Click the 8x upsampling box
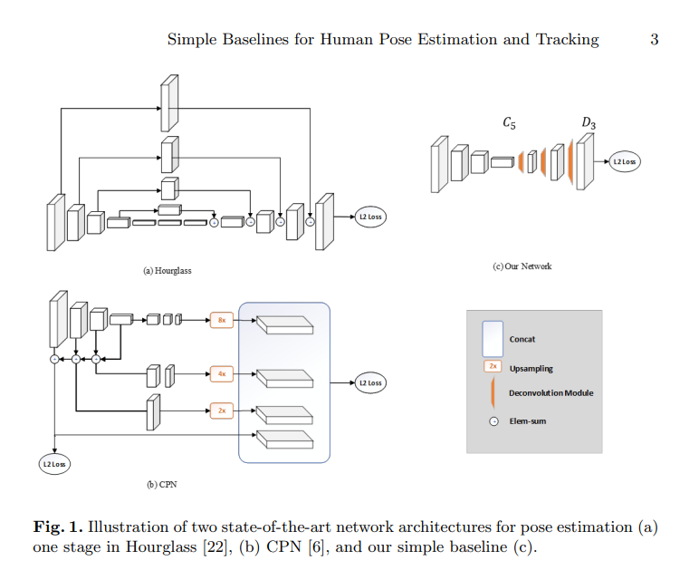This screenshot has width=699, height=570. [x=222, y=320]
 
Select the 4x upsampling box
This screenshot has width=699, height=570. [x=222, y=373]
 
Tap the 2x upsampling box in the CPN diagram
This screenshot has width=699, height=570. [x=222, y=411]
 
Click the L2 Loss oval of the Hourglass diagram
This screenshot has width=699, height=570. [x=370, y=217]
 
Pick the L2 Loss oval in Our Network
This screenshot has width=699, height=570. [x=625, y=161]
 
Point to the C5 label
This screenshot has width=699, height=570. [x=509, y=123]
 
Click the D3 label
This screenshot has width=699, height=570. [x=589, y=123]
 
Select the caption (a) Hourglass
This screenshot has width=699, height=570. [x=168, y=271]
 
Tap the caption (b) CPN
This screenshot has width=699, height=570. [x=162, y=485]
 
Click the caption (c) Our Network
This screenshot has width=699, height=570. [x=522, y=266]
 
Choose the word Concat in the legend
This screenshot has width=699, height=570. [x=522, y=340]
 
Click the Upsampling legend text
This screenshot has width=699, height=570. [x=531, y=369]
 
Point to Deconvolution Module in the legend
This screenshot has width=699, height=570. [x=551, y=393]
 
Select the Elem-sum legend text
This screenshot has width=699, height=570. [x=527, y=421]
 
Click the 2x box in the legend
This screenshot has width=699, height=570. [x=493, y=366]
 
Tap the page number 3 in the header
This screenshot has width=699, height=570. [x=654, y=39]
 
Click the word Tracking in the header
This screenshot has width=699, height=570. [x=567, y=40]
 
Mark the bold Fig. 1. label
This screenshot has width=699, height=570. [x=58, y=527]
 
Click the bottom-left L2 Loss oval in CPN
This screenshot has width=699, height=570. [x=54, y=464]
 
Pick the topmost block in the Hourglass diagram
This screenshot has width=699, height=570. [x=169, y=103]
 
